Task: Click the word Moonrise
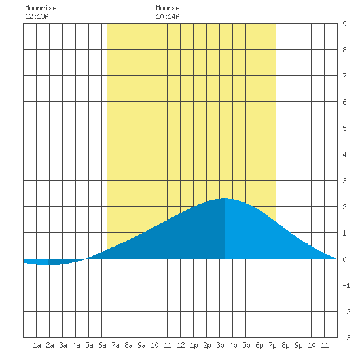click(x=41, y=8)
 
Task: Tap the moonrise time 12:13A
click(x=37, y=16)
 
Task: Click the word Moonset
click(x=170, y=8)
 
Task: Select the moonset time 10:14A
click(x=168, y=16)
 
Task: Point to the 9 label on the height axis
click(x=344, y=24)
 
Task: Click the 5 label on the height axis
click(x=344, y=128)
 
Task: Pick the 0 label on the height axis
click(x=344, y=259)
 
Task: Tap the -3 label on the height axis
click(x=346, y=338)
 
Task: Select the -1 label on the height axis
click(x=346, y=285)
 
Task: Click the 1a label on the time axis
click(x=37, y=345)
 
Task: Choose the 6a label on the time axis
click(x=102, y=345)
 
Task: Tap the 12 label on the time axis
click(x=181, y=345)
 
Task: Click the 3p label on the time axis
click(x=220, y=345)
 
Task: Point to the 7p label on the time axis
click(x=272, y=345)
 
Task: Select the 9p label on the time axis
click(x=298, y=345)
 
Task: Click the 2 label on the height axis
click(x=344, y=207)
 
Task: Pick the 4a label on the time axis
click(x=76, y=345)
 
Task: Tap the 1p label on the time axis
click(x=194, y=345)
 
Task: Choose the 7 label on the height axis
click(x=344, y=76)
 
